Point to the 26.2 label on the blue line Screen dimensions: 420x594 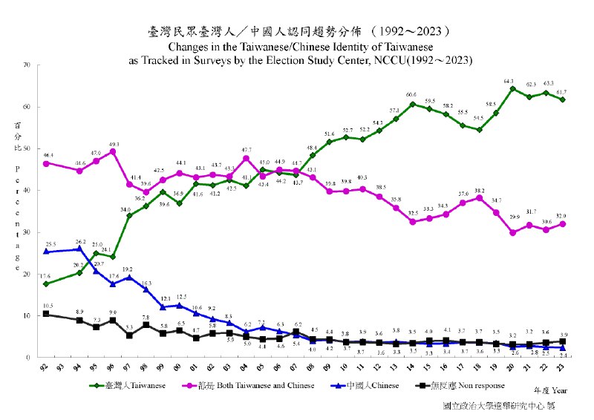[x=80, y=242]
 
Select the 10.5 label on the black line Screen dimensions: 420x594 [x=47, y=306]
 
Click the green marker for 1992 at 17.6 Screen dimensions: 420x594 [x=47, y=284]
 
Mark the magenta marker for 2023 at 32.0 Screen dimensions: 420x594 [x=564, y=224]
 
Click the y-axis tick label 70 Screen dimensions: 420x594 [x=27, y=65]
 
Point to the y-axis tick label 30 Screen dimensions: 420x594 [x=27, y=232]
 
